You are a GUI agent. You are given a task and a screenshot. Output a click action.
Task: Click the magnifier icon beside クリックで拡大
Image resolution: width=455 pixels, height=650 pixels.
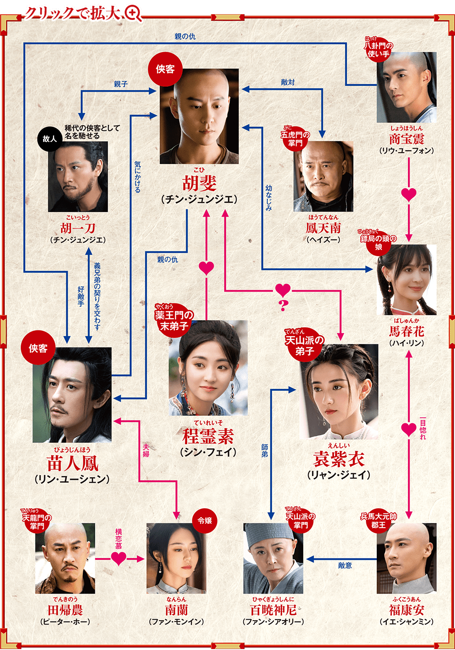pos(133,13)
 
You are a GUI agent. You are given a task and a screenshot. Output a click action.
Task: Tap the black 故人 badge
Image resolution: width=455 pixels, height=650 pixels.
pos(49,138)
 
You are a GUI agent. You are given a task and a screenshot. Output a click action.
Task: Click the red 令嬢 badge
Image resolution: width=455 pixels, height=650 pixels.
pos(205,521)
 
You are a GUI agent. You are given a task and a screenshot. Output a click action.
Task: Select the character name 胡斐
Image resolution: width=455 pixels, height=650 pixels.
pos(200,183)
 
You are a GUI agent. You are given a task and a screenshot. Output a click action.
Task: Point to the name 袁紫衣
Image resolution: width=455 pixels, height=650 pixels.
pos(339,459)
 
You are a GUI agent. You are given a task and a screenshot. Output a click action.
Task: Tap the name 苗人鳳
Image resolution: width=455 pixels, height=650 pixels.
pos(72,463)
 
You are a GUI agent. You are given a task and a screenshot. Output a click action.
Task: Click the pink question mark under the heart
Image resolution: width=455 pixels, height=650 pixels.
pos(283,305)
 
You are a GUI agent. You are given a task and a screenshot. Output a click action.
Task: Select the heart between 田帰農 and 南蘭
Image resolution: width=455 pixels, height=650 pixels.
pos(118,558)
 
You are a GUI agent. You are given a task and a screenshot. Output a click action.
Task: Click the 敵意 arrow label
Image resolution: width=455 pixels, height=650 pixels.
pos(345,565)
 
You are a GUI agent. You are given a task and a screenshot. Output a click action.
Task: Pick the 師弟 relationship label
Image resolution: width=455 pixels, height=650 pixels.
pos(264,450)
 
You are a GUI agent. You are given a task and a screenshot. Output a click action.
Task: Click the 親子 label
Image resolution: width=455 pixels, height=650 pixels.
pos(121,84)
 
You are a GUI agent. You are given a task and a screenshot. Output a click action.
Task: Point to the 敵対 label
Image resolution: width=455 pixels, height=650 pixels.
pos(288,82)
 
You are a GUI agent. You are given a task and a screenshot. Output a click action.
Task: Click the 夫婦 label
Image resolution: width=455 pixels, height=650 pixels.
pos(146,450)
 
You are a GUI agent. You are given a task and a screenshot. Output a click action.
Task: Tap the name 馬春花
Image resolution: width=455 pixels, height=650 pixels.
pos(407,331)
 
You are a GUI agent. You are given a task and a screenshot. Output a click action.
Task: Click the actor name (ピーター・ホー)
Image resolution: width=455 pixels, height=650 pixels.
pos(65,622)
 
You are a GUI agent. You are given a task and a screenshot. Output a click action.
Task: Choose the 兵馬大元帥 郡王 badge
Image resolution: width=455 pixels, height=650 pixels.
pos(378,521)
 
